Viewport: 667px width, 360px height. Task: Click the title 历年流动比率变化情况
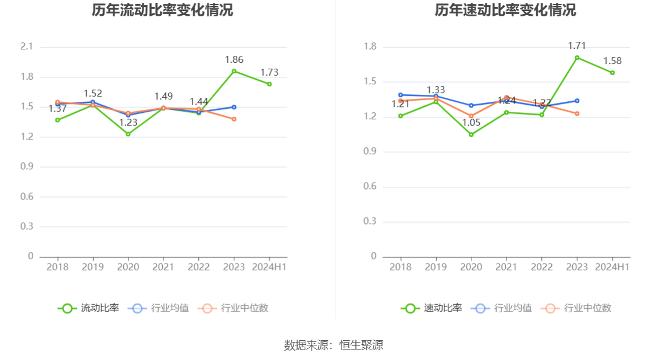click(162, 10)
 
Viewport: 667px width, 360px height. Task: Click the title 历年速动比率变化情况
click(505, 10)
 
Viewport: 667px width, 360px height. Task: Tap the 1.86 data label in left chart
click(234, 59)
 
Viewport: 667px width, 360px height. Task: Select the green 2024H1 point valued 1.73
click(269, 84)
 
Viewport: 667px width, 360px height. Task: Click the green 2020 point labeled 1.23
click(128, 134)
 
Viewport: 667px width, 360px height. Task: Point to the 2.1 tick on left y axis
click(27, 47)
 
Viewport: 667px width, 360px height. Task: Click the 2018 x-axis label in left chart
click(57, 267)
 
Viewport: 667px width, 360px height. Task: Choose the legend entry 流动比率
click(88, 308)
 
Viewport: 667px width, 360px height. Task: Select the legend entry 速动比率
click(431, 308)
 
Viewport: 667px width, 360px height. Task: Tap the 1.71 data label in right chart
click(577, 45)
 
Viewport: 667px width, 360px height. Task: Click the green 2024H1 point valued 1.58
click(612, 73)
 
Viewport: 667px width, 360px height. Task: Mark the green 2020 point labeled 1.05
click(471, 134)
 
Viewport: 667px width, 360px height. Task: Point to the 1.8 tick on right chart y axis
click(370, 47)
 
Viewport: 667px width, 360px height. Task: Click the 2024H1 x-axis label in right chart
click(612, 267)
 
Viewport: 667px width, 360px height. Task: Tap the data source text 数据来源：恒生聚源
click(334, 345)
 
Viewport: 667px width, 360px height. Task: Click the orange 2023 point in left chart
click(234, 119)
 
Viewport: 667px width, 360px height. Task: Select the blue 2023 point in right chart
click(577, 101)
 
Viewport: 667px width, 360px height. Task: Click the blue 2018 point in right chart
click(400, 95)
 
